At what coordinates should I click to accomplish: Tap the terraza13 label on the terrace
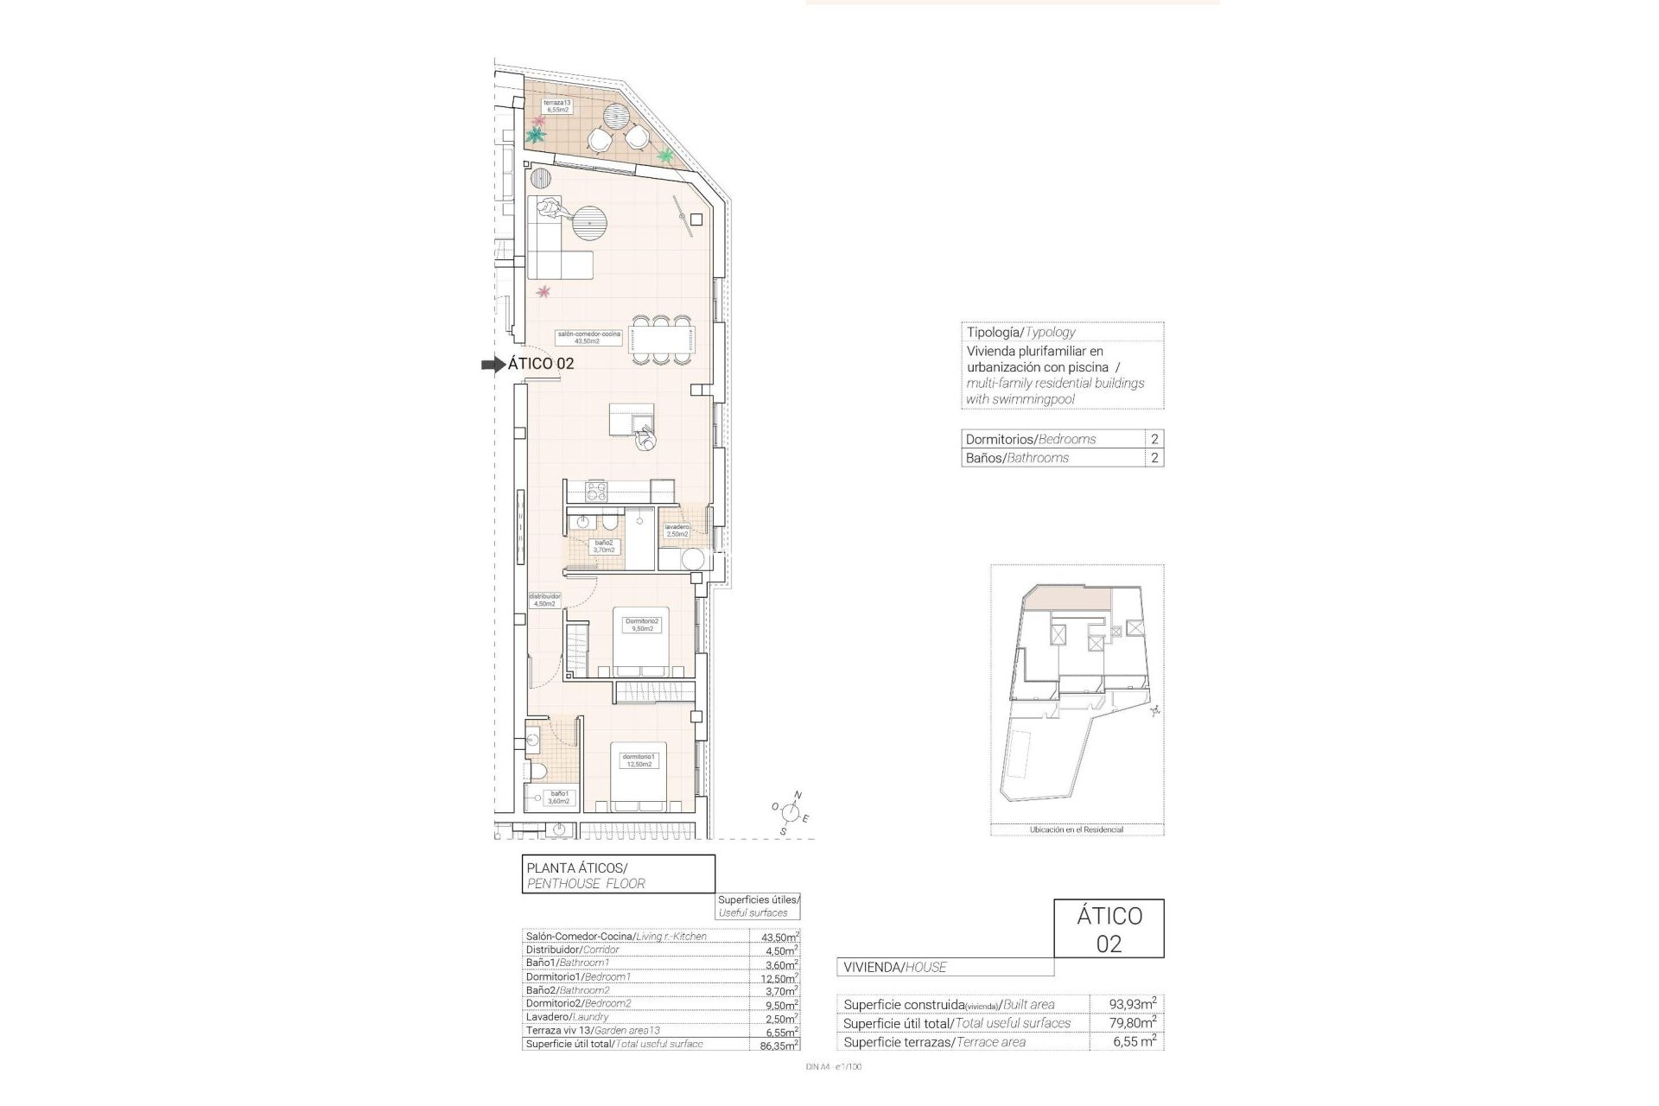(x=556, y=106)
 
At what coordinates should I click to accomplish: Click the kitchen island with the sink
(x=632, y=421)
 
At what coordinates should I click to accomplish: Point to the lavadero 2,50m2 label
(x=677, y=531)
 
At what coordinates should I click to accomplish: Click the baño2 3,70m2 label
(x=603, y=546)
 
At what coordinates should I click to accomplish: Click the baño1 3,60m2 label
(x=558, y=797)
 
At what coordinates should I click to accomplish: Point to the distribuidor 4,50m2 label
(x=545, y=600)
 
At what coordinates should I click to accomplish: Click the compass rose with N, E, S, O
(x=788, y=811)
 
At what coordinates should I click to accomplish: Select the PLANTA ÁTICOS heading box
(x=619, y=874)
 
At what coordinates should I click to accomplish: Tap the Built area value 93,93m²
(x=1133, y=1004)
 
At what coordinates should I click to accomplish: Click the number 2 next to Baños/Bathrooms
(x=1154, y=458)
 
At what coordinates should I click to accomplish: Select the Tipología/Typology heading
(x=1020, y=332)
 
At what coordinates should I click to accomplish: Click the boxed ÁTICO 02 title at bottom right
(x=1109, y=929)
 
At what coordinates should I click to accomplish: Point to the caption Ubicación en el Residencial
(x=1076, y=829)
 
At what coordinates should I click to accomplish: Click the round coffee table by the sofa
(x=589, y=224)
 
